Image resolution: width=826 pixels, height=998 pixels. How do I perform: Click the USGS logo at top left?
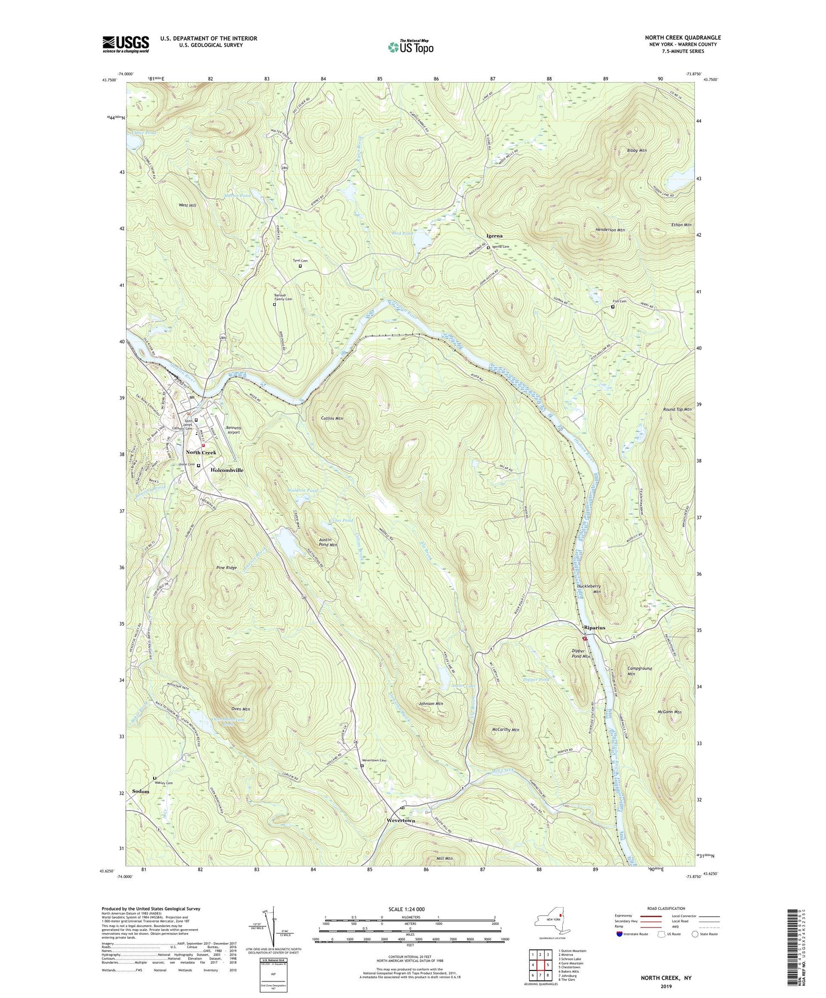(126, 44)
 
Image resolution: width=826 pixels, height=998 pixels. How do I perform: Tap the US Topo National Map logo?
(411, 47)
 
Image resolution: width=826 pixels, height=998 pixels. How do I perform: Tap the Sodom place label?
(140, 791)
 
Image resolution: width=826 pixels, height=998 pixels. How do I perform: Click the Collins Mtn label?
(332, 418)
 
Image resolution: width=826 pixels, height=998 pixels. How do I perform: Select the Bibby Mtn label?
(637, 150)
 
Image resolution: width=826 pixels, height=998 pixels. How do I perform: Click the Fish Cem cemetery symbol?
(613, 307)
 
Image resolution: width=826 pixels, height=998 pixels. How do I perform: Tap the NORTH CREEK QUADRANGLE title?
(682, 37)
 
